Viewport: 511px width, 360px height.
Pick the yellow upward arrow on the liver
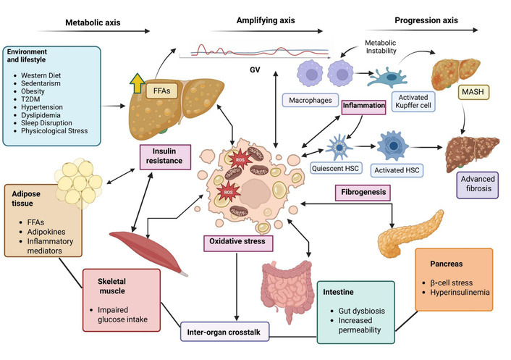(136, 83)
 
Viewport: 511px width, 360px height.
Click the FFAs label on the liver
(164, 91)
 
